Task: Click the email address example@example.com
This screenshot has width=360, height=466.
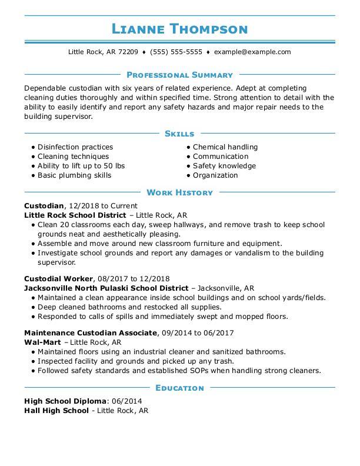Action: click(252, 52)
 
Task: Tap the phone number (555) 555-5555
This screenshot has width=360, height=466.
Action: click(176, 52)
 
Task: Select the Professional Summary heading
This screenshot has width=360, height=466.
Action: click(180, 75)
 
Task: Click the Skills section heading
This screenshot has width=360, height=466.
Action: click(180, 134)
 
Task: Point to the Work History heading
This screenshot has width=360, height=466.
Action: click(180, 192)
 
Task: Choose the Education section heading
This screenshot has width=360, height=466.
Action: click(180, 388)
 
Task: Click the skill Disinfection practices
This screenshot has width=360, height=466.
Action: click(75, 147)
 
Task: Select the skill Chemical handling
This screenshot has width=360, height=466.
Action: click(225, 147)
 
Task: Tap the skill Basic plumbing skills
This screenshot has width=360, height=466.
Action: click(74, 175)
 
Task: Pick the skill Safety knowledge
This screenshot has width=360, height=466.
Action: click(224, 166)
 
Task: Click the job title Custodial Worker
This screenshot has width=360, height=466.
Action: click(59, 278)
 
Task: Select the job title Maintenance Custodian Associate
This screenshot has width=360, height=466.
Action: click(91, 333)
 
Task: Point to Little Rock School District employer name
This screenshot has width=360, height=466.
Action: click(75, 215)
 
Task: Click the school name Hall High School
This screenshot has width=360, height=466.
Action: click(56, 411)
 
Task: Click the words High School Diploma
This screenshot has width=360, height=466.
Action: click(65, 401)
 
